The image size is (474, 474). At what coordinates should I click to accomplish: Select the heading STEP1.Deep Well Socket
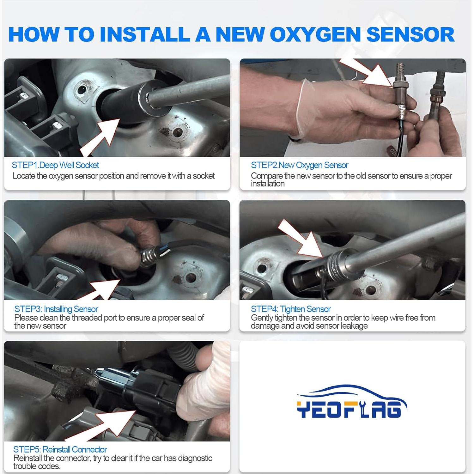[55, 165]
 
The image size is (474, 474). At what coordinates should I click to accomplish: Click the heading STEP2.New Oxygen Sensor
[299, 165]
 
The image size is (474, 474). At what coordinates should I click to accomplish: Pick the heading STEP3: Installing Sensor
[56, 309]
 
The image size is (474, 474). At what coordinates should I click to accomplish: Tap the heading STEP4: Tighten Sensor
[290, 309]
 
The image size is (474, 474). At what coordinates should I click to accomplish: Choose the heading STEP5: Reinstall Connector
[60, 449]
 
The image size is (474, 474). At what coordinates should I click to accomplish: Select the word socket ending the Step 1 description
[204, 176]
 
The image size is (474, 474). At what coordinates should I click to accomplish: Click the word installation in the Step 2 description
[268, 184]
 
